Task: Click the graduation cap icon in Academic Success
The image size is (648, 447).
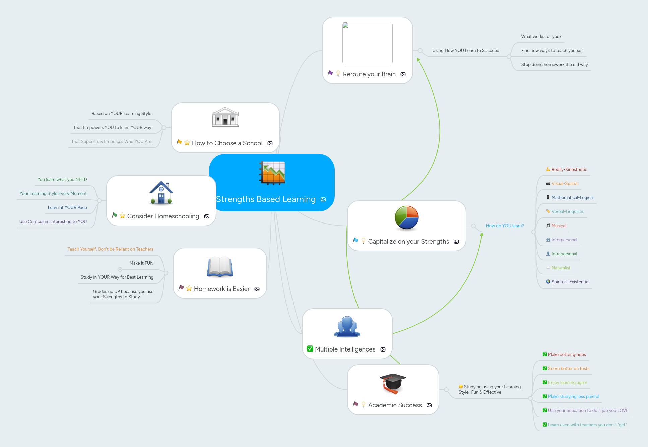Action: (393, 383)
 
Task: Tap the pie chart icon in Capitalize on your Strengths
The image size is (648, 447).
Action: (406, 218)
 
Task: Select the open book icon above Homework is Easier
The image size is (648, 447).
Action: (220, 267)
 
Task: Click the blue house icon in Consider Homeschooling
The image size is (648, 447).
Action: (161, 193)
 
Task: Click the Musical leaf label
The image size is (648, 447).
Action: (559, 226)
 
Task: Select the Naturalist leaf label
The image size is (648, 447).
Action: (561, 268)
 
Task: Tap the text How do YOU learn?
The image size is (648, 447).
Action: (505, 226)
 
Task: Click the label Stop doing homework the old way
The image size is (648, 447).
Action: (554, 64)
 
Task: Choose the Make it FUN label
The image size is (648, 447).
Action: (141, 263)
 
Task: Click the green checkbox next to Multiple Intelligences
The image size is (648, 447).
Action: (310, 349)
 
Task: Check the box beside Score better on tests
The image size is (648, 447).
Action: (545, 368)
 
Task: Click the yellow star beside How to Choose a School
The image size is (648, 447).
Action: (187, 143)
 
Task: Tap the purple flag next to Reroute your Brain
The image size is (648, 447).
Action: (330, 73)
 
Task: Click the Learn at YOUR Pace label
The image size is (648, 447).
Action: (67, 207)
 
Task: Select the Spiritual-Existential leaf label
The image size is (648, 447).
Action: (570, 282)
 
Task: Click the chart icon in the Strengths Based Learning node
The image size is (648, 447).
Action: (272, 173)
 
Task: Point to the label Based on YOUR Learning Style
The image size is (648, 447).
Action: (121, 113)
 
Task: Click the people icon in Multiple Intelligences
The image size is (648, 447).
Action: (347, 327)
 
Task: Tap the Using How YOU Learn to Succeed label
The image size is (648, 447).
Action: (465, 50)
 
